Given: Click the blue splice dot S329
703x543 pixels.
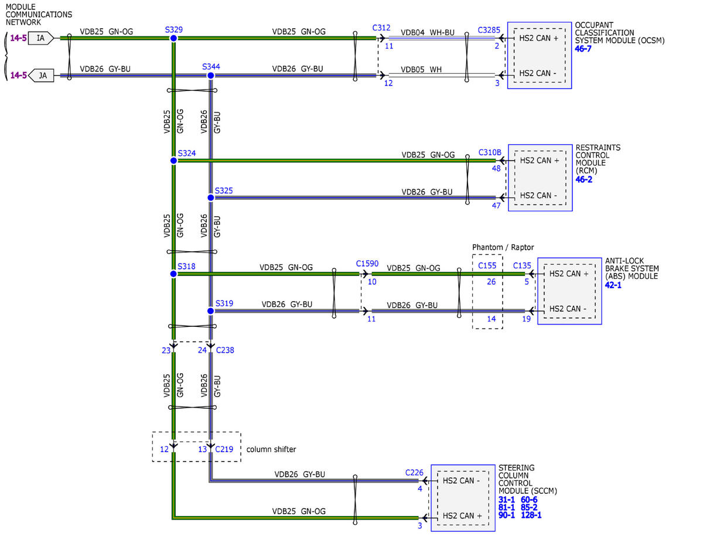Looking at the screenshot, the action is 173,38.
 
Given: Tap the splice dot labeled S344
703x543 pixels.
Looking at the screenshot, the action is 211,76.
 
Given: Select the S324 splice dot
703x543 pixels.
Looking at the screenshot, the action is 173,160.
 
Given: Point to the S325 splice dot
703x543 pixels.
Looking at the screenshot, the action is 211,197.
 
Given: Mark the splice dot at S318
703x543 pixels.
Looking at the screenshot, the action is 173,274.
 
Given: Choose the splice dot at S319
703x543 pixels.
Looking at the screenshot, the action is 211,311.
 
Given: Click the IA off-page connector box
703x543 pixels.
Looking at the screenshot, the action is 41,38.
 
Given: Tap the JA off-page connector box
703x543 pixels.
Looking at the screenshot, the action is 41,76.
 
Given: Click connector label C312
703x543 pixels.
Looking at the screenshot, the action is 381,28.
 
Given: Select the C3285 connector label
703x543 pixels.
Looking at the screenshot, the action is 489,30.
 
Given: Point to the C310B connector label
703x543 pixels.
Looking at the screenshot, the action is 490,152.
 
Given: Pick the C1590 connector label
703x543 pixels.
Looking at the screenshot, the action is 367,264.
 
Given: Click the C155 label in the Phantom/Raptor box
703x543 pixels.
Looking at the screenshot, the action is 487,265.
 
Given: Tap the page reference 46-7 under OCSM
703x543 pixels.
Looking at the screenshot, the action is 583,49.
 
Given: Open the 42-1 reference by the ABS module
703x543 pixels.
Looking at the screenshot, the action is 613,285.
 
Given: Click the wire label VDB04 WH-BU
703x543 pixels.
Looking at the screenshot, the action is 428,33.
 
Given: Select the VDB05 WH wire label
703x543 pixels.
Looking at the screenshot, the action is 421,70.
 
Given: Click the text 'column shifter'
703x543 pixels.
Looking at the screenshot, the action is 271,449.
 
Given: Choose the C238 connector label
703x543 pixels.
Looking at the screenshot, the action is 225,350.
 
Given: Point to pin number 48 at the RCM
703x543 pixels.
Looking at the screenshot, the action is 496,169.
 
